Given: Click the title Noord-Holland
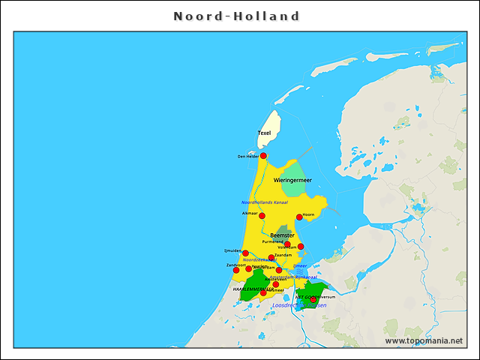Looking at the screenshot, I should pyautogui.click(x=237, y=16).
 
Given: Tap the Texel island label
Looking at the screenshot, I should pyautogui.click(x=264, y=133).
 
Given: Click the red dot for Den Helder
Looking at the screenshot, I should pyautogui.click(x=263, y=156).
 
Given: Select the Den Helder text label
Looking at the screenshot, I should pyautogui.click(x=247, y=157).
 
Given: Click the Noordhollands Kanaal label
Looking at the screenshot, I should pyautogui.click(x=264, y=202).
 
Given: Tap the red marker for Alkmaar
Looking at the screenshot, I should pyautogui.click(x=262, y=216).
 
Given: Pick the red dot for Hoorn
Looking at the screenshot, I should pyautogui.click(x=299, y=217).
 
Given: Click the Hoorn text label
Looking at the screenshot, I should pyautogui.click(x=308, y=215).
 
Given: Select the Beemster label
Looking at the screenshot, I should pyautogui.click(x=282, y=235).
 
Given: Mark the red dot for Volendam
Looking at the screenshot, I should pyautogui.click(x=301, y=247).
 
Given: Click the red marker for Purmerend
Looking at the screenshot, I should pyautogui.click(x=287, y=244).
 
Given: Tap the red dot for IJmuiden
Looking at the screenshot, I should pyautogui.click(x=245, y=253).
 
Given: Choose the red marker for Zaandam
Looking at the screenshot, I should pyautogui.click(x=271, y=258).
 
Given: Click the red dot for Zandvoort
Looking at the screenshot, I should pyautogui.click(x=236, y=270).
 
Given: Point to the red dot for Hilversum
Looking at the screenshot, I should pyautogui.click(x=313, y=299).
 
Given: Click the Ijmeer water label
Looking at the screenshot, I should pyautogui.click(x=300, y=265).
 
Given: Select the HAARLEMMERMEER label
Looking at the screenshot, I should pyautogui.click(x=250, y=289).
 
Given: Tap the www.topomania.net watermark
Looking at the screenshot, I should pyautogui.click(x=423, y=340).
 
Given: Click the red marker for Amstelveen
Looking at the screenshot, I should pyautogui.click(x=276, y=284).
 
